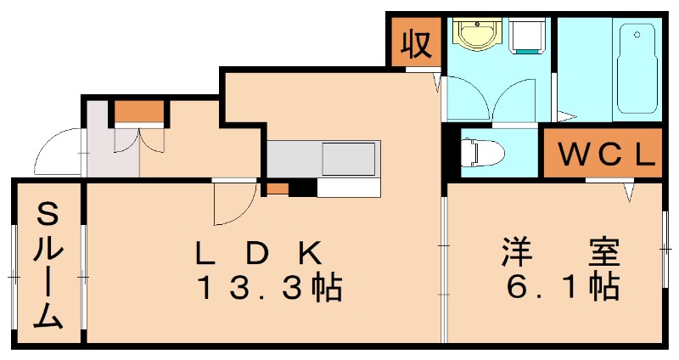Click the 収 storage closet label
point(416,43)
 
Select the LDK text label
point(260,252)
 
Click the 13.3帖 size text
point(270,287)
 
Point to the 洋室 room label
point(561,251)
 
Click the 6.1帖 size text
point(562,286)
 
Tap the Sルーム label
point(48,266)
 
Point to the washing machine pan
point(526,36)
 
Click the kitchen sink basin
point(348,159)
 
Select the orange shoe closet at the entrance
point(139,112)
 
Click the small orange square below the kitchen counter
point(278,188)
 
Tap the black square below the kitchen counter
point(303,188)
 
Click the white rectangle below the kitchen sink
point(349,188)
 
